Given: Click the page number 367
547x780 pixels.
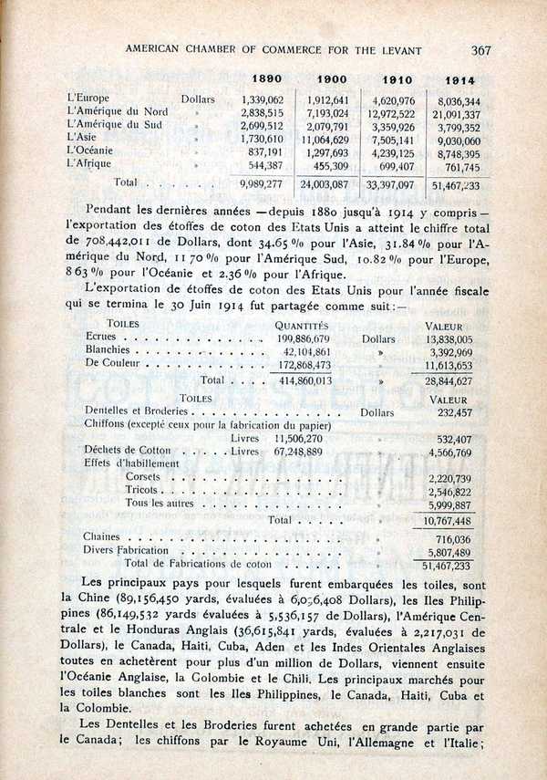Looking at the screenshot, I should pos(480,50).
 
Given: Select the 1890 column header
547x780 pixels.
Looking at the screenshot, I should pos(266,80).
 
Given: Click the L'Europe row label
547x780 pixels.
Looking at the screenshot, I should pos(88,98).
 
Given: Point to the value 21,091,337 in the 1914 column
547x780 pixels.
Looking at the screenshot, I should pos(455,114).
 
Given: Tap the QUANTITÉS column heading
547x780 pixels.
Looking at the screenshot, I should pos(302,325).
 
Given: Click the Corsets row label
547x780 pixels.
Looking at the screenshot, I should pos(144,477).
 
